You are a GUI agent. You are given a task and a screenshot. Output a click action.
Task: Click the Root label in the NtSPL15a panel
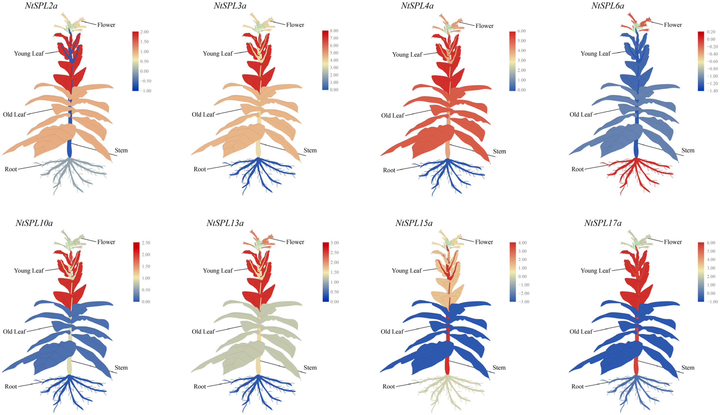coord(388,386)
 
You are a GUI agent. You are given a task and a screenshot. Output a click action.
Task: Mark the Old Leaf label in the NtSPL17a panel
coord(581,331)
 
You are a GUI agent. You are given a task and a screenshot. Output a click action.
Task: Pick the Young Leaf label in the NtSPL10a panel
coord(29,270)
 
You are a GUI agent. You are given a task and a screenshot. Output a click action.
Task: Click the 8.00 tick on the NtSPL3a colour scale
coord(334,31)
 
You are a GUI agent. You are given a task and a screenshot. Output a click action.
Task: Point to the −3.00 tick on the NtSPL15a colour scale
coord(523,302)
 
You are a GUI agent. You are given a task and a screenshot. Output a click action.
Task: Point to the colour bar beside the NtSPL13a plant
coord(326,272)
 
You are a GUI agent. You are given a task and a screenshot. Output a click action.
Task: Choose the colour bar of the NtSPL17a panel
coord(701,272)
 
